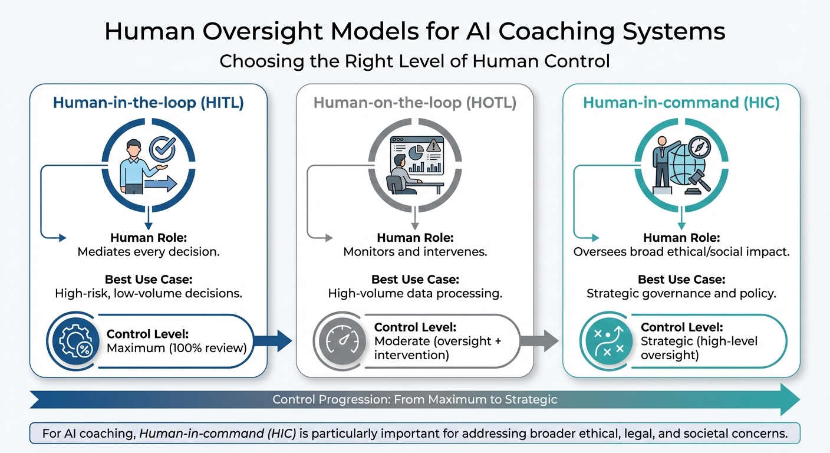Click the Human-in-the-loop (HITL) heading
(148, 103)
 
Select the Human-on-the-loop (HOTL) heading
(414, 103)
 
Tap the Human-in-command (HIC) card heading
(681, 103)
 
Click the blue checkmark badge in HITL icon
(162, 149)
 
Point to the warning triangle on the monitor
(434, 145)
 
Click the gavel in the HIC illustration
(699, 180)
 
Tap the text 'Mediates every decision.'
(148, 252)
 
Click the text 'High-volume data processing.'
(414, 293)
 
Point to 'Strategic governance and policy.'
(681, 293)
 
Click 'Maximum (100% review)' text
(176, 348)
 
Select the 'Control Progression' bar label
(414, 399)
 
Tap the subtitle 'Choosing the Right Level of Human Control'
(414, 61)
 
